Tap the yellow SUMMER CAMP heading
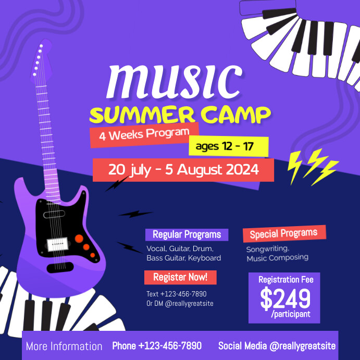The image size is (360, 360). coord(180,114)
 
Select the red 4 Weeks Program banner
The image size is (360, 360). coord(144,134)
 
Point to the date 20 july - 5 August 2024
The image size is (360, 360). coord(183,169)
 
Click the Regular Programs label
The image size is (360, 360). coord(187,234)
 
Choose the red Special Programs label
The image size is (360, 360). coord(283,233)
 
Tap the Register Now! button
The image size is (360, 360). coord(180,277)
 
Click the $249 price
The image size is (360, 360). coord(285,299)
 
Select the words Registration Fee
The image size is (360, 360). coord(286,280)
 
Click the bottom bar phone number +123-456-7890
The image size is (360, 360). coord(157,346)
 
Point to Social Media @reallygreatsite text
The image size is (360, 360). coord(277,346)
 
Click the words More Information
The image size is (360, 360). coord(64,346)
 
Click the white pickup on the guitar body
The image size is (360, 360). coord(58,243)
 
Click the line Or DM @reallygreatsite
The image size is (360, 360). coord(180,304)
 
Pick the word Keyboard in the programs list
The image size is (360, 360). coord(204,258)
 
